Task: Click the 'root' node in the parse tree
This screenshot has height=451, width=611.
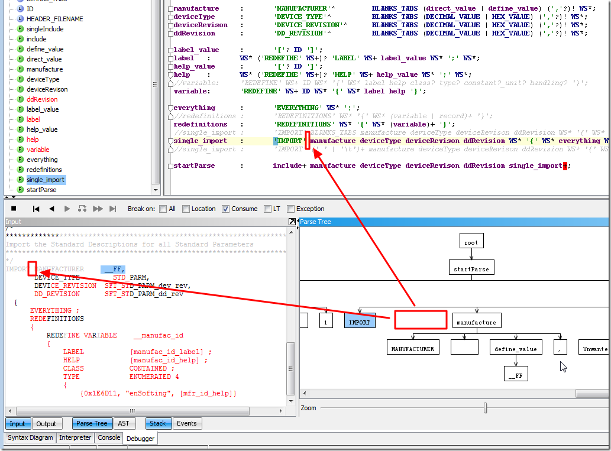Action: pos(471,242)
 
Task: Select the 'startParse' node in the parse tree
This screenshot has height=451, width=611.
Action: pos(471,269)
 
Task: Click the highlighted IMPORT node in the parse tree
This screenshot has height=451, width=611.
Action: pos(359,322)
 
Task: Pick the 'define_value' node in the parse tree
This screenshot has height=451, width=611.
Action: pos(516,349)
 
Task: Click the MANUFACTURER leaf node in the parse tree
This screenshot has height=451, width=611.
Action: pos(413,349)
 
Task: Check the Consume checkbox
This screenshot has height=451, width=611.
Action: pos(226,209)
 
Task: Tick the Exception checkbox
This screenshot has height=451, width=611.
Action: pos(291,209)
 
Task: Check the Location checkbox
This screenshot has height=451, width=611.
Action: pos(186,209)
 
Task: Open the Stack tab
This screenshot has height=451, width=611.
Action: pos(158,423)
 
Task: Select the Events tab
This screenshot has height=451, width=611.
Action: pos(187,423)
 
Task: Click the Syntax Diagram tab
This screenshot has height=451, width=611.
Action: pos(31,437)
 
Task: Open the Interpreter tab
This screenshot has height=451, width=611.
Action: pos(76,437)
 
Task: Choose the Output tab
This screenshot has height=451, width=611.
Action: pos(46,424)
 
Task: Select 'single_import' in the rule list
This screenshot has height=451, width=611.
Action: pos(46,180)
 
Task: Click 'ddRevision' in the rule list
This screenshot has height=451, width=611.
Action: pos(42,99)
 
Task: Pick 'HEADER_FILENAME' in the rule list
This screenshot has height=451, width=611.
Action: pos(54,19)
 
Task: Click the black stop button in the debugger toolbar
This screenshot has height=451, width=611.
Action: pos(14,209)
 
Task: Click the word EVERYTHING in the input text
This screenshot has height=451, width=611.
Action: pos(51,310)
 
